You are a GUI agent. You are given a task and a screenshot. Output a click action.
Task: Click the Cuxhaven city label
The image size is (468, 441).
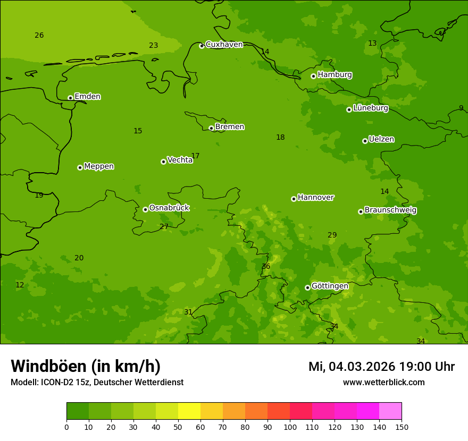coord(224,45)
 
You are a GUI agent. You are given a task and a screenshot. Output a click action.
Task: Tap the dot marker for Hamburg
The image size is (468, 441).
coord(314,76)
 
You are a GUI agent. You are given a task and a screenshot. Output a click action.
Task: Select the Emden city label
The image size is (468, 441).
coord(87,97)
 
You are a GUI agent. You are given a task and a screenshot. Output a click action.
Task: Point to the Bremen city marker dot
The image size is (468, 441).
coord(211,128)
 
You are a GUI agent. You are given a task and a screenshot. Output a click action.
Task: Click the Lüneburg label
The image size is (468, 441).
coord(370,108)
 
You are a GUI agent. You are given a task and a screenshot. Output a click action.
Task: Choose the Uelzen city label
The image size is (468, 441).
coord(381,140)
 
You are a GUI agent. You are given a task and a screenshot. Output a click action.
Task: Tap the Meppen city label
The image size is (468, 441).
coord(99,166)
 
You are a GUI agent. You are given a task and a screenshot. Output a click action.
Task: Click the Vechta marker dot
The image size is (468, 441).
coord(163,162)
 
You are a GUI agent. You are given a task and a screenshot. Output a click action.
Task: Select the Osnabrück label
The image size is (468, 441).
coord(169,208)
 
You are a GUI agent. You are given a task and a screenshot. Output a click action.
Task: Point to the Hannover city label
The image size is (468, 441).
coord(315,198)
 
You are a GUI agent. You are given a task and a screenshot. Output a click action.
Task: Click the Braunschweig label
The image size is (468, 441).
coord(390,210)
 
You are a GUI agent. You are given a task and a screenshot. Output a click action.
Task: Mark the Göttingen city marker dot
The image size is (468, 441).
coord(307,287)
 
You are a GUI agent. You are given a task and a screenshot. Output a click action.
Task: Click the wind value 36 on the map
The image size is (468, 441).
coord(266,267)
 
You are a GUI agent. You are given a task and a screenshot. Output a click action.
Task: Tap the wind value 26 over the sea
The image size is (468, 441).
coord(39,36)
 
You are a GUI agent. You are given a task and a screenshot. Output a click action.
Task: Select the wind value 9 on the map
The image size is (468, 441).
coord(461,108)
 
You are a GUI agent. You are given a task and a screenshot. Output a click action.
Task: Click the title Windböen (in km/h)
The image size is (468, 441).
coord(86,366)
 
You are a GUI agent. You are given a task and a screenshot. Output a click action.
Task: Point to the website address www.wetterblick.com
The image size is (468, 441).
coord(383,383)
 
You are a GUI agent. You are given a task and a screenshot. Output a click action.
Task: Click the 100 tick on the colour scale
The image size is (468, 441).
coord(290,427)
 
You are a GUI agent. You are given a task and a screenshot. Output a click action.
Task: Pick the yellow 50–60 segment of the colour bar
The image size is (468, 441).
coord(189,411)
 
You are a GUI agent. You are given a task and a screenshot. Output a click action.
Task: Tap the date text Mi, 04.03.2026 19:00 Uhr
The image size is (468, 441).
coord(381,367)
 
